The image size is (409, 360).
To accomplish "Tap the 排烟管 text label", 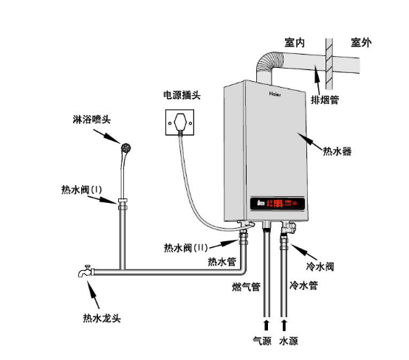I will point(324,99).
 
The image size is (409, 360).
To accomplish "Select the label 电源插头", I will point(182,95).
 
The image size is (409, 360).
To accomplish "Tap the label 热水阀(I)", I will point(81,190).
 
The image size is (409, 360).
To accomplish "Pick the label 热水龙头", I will point(101,319).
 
